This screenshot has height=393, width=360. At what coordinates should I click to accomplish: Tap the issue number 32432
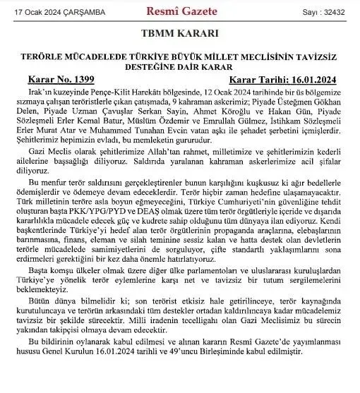[333, 11]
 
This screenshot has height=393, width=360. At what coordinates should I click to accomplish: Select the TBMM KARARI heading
[179, 34]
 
